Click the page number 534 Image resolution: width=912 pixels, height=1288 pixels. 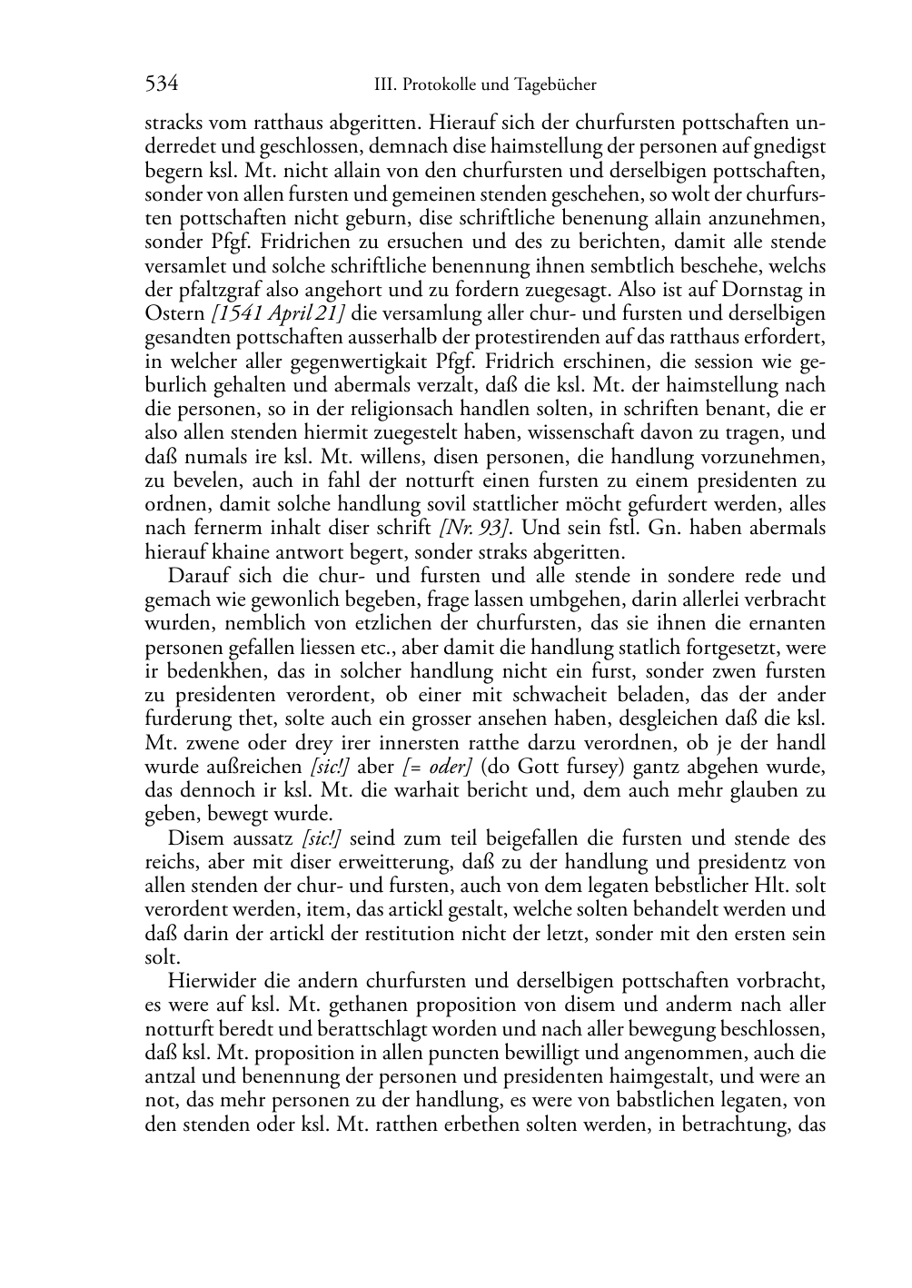click(161, 84)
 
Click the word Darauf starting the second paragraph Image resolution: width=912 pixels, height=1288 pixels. click(199, 575)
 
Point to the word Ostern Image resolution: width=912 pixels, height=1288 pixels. click(174, 313)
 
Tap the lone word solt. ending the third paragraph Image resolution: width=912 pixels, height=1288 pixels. click(162, 957)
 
